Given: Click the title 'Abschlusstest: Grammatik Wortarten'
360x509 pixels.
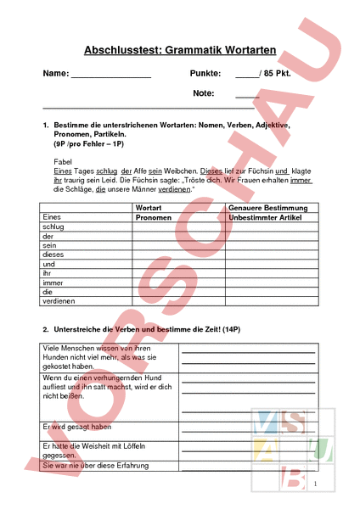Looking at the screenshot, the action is coord(180,52).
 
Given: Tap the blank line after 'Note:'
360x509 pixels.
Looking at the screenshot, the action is coord(247,96).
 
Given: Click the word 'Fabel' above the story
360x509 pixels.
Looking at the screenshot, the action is coord(63,160).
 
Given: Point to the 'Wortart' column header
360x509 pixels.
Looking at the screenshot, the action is coord(149,208).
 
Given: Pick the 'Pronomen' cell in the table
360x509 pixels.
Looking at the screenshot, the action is coord(154,218).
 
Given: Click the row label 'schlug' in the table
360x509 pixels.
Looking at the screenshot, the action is coord(53,227).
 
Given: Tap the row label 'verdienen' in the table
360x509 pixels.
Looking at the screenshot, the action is coord(59,301).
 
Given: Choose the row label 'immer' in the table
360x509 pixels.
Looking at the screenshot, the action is coord(53,282).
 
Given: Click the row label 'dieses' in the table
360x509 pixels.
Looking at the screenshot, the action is coord(54,255).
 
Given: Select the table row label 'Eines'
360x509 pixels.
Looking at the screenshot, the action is coord(52,218).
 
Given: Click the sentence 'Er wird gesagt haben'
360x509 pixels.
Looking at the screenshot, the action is coord(77,427).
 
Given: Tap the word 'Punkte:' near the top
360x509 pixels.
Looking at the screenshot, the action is coord(205,74).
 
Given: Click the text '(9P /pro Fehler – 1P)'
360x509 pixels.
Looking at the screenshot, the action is coord(88,145).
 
